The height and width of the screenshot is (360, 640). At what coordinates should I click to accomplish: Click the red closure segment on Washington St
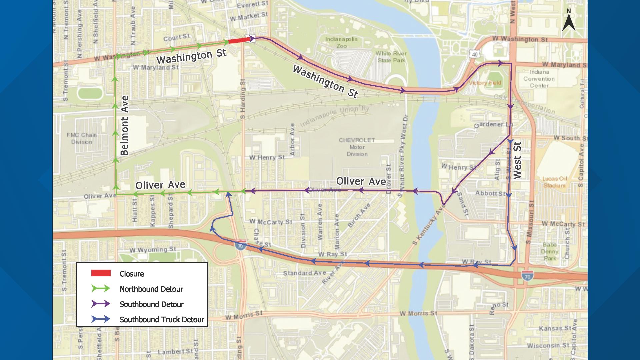(239, 40)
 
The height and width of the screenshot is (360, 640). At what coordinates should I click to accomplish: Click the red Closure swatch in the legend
(101, 273)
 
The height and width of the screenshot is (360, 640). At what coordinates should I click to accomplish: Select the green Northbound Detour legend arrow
(101, 289)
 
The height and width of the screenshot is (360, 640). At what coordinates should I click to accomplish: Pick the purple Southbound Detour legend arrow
(101, 304)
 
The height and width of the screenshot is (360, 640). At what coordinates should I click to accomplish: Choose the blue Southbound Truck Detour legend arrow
(101, 319)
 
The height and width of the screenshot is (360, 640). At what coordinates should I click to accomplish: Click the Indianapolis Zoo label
(341, 42)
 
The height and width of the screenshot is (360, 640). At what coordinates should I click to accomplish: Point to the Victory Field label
(485, 83)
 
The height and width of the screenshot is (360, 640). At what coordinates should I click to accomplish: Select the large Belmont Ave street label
(124, 126)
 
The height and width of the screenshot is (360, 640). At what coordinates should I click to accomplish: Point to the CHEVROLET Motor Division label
(357, 147)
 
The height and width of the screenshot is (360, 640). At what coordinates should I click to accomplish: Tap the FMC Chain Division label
(82, 138)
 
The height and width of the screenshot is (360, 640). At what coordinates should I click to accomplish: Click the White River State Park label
(391, 57)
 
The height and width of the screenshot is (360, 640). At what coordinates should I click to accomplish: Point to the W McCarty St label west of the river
(271, 222)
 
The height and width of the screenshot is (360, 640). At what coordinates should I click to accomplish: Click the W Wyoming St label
(153, 249)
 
